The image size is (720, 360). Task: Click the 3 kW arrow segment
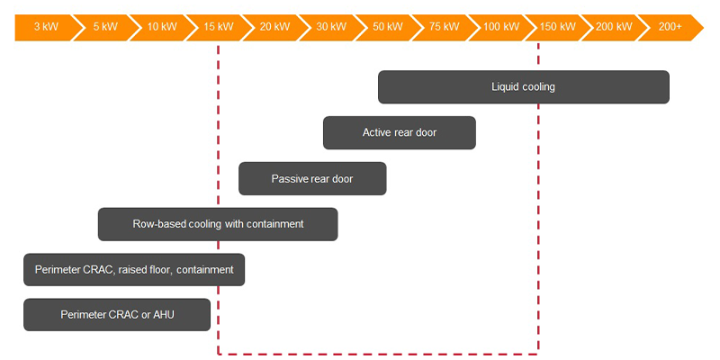point(45,27)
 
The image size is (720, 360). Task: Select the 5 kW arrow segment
point(104,27)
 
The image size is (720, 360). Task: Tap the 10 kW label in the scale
point(162,27)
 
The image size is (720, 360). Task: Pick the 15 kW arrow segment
point(219,27)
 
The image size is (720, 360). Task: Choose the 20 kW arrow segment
point(274,27)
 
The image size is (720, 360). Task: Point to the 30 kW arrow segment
point(331,27)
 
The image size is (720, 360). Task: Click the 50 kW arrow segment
point(388,27)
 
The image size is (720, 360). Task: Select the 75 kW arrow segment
point(445,27)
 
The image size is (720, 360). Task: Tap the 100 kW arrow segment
point(501,27)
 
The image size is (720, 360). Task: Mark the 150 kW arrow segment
point(558,27)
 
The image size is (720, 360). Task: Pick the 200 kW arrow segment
point(614,27)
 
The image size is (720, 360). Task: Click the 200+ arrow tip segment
point(670,27)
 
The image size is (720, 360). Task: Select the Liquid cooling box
point(523,87)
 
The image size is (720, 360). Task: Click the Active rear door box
point(399,133)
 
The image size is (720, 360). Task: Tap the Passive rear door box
point(312,179)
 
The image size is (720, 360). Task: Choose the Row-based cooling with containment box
point(218,224)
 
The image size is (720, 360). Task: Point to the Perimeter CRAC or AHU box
point(117,315)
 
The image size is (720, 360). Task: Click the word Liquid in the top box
point(505,87)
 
